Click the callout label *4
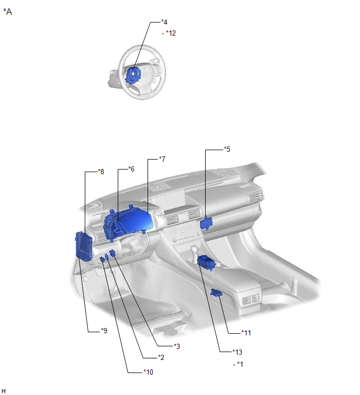(x=164, y=22)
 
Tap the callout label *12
(x=171, y=33)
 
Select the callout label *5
(x=227, y=149)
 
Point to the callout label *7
(x=162, y=159)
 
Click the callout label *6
(x=131, y=169)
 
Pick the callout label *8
(x=101, y=172)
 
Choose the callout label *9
(x=104, y=331)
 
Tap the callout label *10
(x=148, y=372)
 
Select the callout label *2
(x=161, y=357)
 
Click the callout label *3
(x=177, y=346)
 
